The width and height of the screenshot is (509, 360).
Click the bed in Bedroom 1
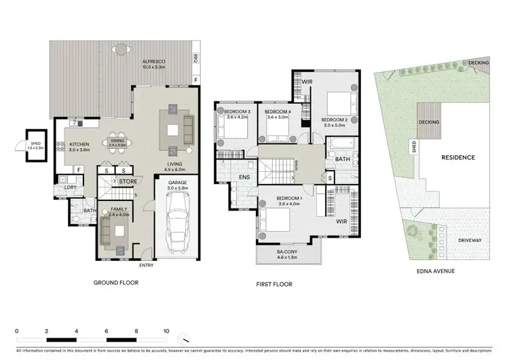click(x=275, y=221)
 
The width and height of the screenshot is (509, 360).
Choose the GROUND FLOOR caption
click(x=117, y=283)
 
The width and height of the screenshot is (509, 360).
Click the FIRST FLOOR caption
click(x=274, y=284)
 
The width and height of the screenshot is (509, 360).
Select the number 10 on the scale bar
click(x=166, y=332)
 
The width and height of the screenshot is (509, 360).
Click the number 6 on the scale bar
click(x=107, y=332)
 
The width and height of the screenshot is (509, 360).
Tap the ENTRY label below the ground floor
click(x=147, y=265)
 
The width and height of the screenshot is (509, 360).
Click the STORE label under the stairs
click(x=128, y=182)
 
